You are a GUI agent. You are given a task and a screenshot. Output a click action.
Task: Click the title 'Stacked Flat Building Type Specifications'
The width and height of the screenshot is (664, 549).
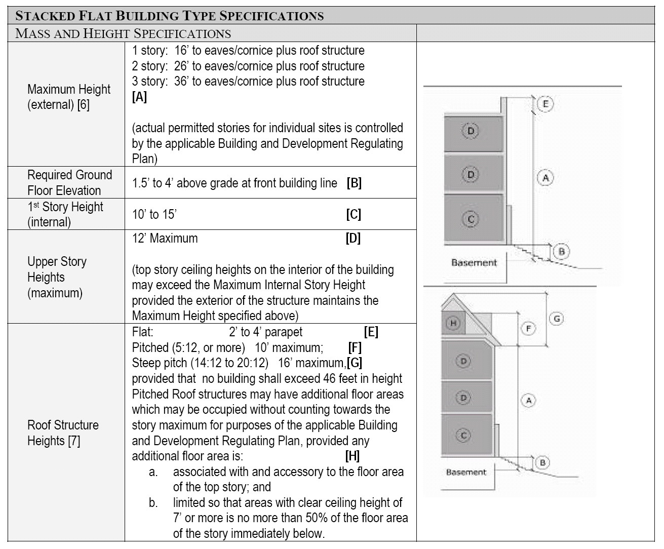coord(170,15)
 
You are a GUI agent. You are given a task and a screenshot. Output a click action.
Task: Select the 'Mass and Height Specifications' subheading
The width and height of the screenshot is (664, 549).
coord(123,33)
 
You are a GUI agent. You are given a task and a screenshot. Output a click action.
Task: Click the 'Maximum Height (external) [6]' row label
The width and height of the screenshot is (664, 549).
coord(68,97)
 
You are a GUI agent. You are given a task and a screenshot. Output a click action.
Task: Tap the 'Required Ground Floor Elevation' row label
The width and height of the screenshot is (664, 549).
coord(69,182)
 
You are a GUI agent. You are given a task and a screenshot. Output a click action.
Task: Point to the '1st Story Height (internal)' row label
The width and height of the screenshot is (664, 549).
coord(65,214)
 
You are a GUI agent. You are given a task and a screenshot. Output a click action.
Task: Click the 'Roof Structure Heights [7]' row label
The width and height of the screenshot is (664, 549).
coord(63,433)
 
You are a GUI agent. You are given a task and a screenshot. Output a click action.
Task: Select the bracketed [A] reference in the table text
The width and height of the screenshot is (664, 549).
coord(139,97)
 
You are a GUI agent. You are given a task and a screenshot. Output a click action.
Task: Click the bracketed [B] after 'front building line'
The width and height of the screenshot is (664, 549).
coord(354,183)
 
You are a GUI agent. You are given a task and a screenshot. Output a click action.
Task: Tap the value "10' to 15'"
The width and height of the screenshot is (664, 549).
coord(154,214)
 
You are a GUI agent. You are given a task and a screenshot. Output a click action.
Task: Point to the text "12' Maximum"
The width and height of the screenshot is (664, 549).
coord(165,238)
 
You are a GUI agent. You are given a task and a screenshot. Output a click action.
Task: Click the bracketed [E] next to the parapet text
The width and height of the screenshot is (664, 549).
coord(371,332)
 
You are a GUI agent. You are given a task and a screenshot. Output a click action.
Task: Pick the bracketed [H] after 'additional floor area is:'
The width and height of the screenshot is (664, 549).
coord(352,456)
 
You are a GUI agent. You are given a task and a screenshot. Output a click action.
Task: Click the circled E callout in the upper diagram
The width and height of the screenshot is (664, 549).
coord(545,104)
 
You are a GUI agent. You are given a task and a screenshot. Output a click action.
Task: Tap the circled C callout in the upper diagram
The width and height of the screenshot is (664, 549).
coord(471,219)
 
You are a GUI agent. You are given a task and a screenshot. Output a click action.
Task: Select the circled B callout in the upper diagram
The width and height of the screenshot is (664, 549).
coord(561,251)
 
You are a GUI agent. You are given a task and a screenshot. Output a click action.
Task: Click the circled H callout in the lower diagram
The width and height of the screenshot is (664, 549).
coord(453,323)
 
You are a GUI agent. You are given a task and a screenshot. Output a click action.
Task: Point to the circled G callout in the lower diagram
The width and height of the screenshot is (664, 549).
coord(556,319)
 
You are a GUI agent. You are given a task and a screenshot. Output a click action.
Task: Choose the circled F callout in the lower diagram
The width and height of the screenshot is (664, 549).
coord(528,329)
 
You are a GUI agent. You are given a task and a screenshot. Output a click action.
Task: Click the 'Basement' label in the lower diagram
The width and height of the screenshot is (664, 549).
coord(465,472)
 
